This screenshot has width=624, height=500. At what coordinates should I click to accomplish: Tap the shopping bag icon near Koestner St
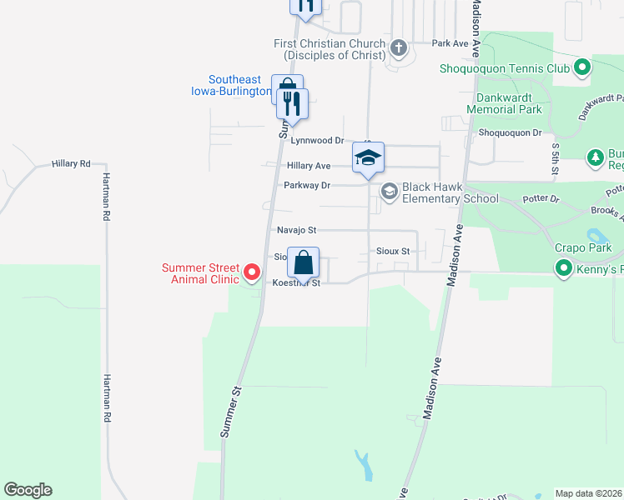(x=304, y=262)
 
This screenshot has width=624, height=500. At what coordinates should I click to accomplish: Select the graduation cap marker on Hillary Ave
(x=368, y=157)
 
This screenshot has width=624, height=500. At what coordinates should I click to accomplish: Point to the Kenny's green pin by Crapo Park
(x=563, y=268)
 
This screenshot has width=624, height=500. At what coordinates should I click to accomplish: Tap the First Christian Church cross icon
(x=398, y=48)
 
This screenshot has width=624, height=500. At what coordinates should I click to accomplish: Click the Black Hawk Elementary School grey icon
(x=389, y=192)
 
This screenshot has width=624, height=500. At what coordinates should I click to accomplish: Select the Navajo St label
(x=296, y=229)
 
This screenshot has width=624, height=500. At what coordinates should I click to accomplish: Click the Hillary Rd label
(x=71, y=164)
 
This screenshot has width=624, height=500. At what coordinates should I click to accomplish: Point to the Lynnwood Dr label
(x=316, y=141)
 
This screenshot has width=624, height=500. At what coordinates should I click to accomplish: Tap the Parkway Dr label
(x=307, y=185)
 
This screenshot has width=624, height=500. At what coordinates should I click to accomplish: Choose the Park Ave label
(x=450, y=43)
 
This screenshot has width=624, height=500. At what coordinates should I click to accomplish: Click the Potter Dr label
(x=543, y=201)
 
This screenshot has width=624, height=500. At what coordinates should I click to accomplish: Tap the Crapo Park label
(x=583, y=247)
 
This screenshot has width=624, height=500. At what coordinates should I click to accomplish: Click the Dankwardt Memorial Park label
(x=504, y=103)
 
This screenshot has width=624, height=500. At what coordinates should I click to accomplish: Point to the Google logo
(x=28, y=490)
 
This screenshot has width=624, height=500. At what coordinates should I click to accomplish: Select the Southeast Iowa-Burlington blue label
(x=229, y=86)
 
